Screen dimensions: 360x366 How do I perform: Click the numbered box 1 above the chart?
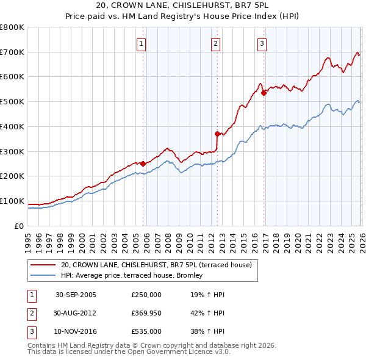(142, 43)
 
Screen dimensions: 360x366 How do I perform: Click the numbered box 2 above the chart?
(216, 43)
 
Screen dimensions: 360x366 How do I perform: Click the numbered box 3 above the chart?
(262, 43)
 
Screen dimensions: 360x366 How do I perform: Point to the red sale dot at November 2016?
(264, 93)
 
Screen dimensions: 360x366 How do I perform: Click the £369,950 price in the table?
(146, 313)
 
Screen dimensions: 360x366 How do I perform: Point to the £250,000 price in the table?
(146, 295)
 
